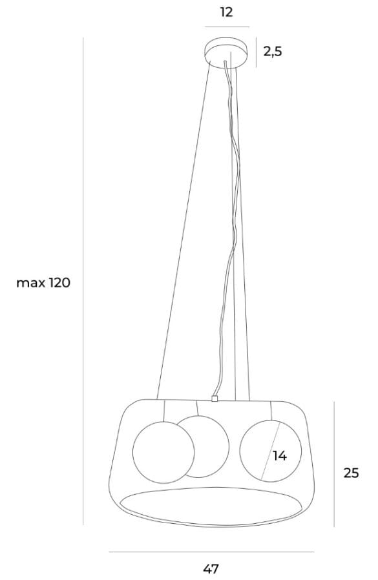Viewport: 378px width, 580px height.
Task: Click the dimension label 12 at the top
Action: (226, 12)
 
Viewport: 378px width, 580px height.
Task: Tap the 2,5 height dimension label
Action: (273, 52)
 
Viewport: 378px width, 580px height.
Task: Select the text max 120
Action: (43, 283)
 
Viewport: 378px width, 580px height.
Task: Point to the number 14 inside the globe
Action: (280, 456)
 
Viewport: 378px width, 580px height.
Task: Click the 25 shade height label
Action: (351, 473)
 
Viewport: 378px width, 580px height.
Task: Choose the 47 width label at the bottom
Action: (211, 568)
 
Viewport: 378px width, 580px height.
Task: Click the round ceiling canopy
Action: (226, 52)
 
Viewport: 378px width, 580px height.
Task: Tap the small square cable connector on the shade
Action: (214, 399)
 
